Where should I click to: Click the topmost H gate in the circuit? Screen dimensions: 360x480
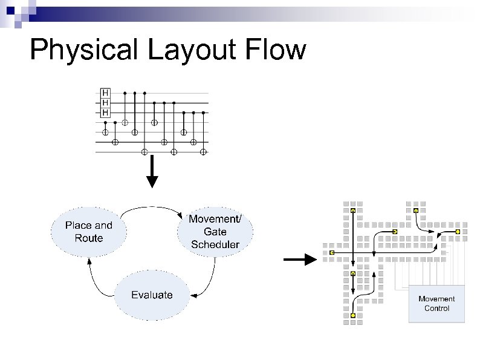click(x=105, y=93)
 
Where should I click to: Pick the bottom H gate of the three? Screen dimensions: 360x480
click(x=105, y=113)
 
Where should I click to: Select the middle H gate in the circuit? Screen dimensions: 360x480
click(x=105, y=103)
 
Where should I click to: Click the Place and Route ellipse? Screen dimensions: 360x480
click(x=89, y=232)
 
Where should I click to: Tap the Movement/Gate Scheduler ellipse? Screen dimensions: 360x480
click(x=215, y=232)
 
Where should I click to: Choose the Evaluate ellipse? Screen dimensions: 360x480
click(x=152, y=295)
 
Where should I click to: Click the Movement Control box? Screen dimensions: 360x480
click(x=436, y=303)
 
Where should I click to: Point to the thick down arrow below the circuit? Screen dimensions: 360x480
click(x=153, y=172)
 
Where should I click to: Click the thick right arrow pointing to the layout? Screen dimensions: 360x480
click(x=301, y=260)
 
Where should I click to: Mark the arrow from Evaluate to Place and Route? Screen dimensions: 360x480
click(x=96, y=278)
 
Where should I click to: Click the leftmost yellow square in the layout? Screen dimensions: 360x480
click(x=332, y=252)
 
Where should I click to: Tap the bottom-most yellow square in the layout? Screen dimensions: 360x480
click(x=353, y=315)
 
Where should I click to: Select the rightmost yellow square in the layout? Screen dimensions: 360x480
click(x=458, y=232)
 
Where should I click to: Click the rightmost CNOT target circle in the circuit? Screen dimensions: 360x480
click(x=203, y=151)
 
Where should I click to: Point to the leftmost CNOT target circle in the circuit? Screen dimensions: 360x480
click(x=105, y=132)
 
